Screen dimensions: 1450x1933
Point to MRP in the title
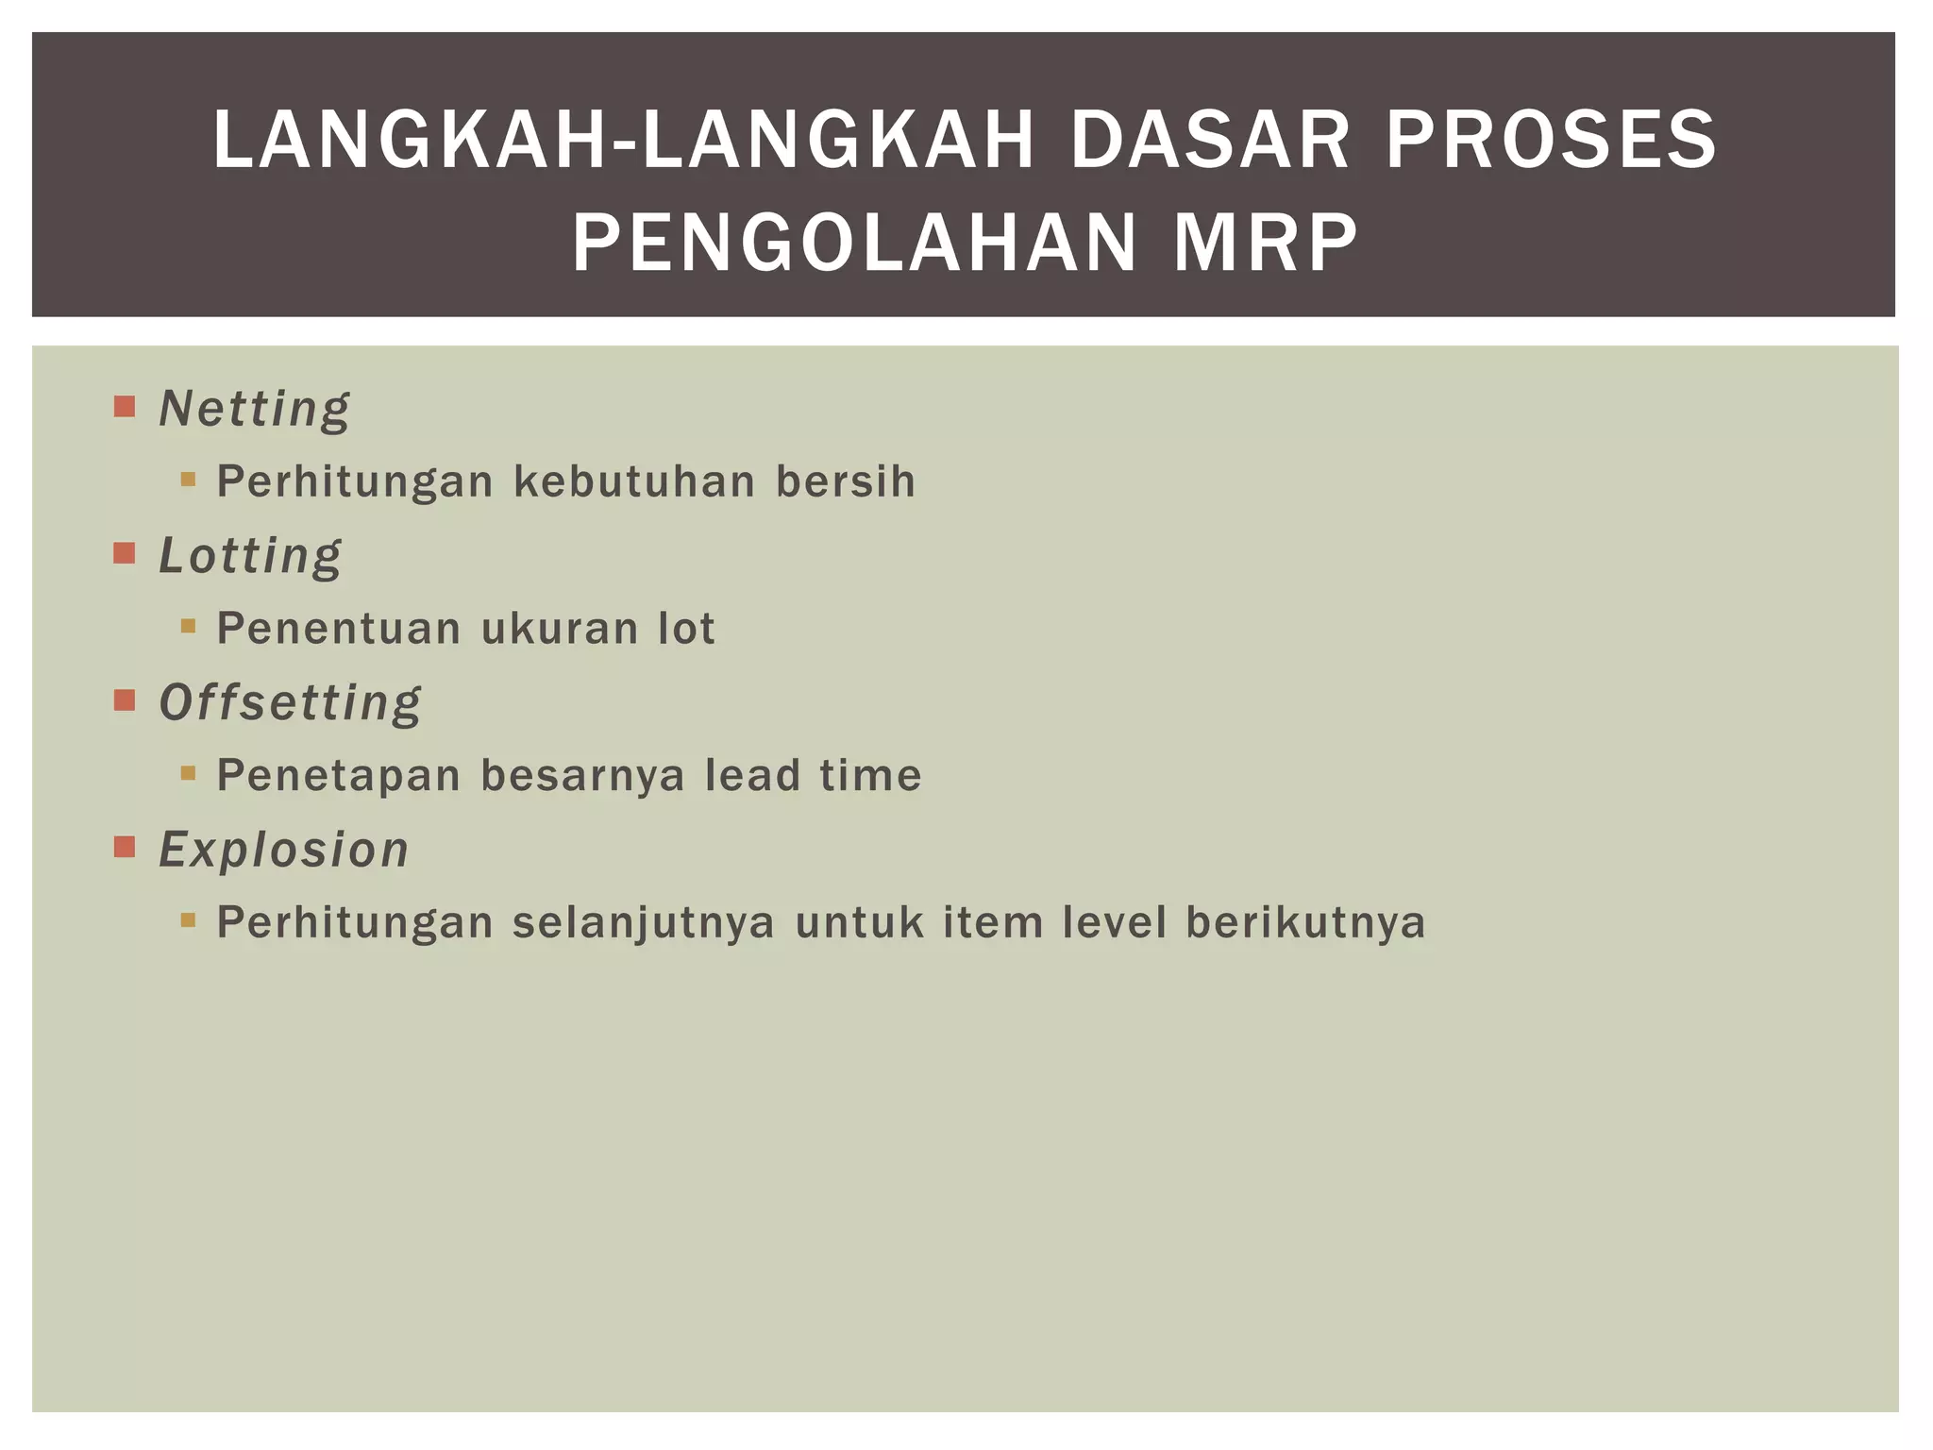click(1265, 243)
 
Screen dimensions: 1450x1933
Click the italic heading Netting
click(254, 410)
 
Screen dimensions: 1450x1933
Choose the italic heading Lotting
click(250, 556)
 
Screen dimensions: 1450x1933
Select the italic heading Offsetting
click(290, 703)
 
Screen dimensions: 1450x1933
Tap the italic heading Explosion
click(283, 849)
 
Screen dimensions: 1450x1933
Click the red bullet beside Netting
click(125, 406)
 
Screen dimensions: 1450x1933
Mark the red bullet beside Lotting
click(125, 552)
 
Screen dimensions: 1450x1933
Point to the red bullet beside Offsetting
click(125, 700)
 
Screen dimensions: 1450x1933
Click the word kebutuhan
click(634, 481)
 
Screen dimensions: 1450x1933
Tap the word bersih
click(845, 481)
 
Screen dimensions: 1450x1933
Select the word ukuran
click(560, 629)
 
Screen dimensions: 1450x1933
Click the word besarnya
click(582, 776)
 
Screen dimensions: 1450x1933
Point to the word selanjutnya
click(644, 923)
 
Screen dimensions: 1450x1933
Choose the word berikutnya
click(1305, 923)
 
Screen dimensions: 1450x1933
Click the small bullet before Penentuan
click(188, 625)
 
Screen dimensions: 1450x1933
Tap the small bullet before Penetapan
click(188, 772)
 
